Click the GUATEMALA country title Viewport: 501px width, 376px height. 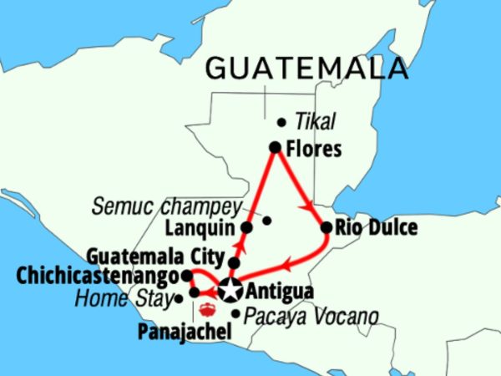[307, 68]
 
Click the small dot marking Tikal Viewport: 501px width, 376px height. [281, 122]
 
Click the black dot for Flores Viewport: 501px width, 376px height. [274, 147]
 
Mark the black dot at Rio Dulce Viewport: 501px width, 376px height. [326, 226]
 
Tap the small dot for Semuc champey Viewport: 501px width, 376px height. [267, 221]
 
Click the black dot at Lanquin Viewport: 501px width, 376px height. [246, 227]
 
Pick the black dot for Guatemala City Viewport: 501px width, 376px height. [235, 262]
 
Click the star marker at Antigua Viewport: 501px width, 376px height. [229, 292]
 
